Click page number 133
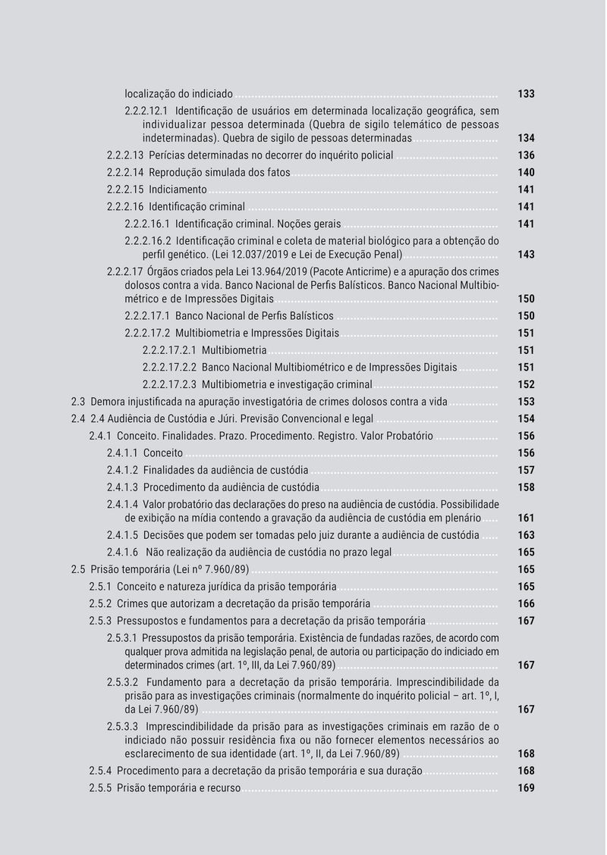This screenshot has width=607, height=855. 526,95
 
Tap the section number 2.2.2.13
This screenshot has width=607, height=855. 125,155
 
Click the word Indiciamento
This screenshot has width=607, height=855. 178,189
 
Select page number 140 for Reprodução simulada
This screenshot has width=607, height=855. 526,173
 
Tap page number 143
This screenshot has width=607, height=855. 526,255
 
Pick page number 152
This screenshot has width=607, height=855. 526,384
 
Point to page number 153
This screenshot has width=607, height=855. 526,402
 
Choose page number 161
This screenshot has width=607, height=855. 526,518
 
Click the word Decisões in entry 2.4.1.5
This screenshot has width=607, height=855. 164,535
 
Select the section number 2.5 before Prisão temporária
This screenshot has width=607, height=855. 77,569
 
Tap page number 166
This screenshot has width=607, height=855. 526,604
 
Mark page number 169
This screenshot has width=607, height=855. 526,788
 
